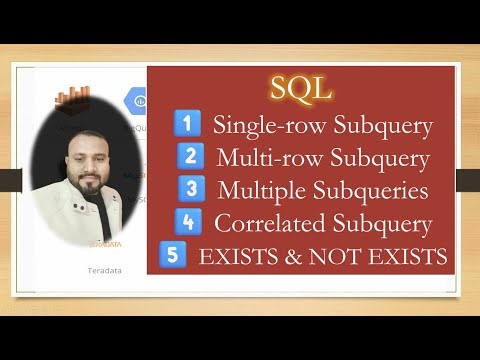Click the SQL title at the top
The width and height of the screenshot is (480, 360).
click(300, 88)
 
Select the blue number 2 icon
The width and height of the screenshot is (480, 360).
click(189, 156)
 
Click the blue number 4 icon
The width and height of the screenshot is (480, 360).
click(183, 221)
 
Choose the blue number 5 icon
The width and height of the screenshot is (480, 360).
click(174, 254)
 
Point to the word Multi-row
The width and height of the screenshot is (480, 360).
click(260, 157)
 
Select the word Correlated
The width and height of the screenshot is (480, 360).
click(266, 222)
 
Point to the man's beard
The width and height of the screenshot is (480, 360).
click(87, 187)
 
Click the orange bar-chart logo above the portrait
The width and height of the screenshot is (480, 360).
click(73, 99)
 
